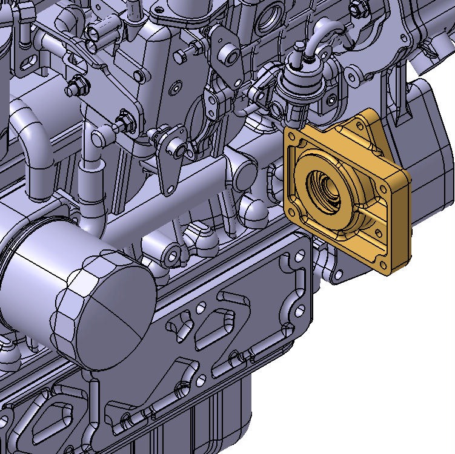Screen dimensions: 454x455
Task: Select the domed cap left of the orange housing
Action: click(250, 209)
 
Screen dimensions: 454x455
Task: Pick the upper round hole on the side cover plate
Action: click(289, 262)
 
